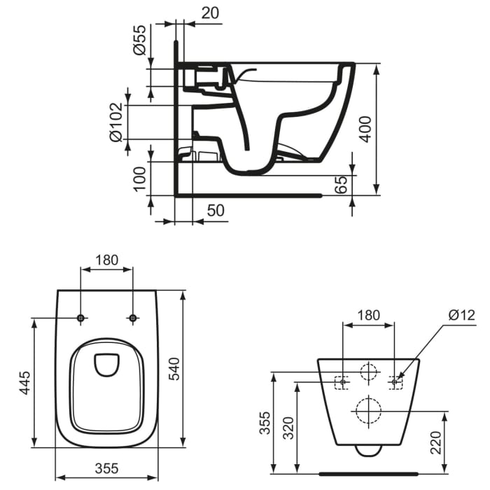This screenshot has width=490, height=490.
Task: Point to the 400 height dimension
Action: tap(365, 129)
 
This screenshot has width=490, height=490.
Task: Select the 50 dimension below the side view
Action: tap(216, 210)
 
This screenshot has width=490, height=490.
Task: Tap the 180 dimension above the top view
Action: tap(106, 260)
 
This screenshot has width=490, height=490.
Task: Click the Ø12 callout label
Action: tap(462, 315)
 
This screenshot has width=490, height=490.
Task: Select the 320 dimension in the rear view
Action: tap(288, 425)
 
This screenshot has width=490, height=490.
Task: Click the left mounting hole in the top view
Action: tap(81, 318)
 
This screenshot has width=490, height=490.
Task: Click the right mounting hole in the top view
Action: tap(132, 318)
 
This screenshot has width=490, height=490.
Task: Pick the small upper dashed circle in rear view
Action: tap(368, 373)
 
